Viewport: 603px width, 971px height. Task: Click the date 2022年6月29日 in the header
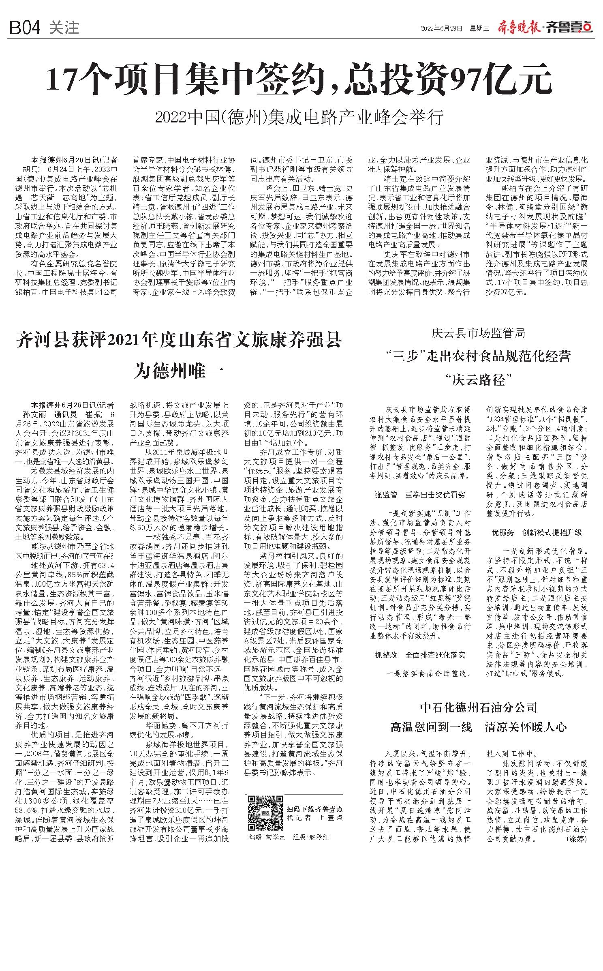[441, 28]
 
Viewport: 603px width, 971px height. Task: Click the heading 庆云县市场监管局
[478, 333]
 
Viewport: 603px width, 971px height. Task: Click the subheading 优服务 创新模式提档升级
[537, 532]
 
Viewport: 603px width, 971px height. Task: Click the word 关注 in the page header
[64, 28]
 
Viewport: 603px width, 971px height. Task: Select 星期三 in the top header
[479, 28]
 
